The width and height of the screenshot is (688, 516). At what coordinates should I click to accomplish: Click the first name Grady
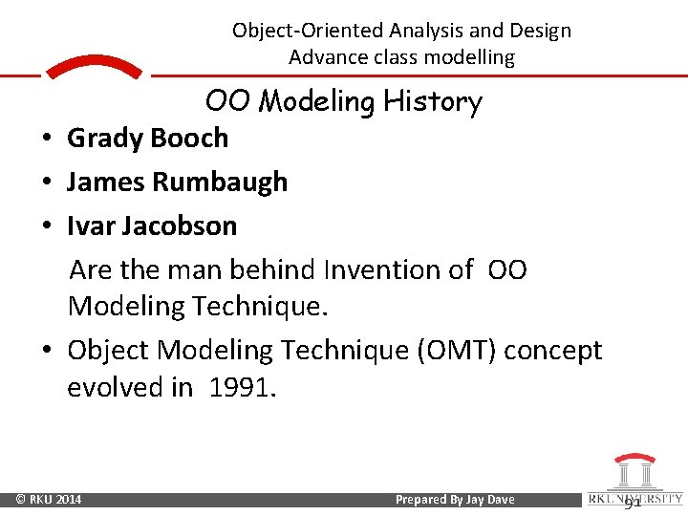(x=100, y=138)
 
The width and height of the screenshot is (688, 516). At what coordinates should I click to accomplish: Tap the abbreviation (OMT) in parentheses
(x=453, y=351)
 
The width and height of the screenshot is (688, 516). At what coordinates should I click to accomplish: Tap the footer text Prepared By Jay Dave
(x=454, y=500)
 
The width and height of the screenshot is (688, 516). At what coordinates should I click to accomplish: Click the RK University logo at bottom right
(x=633, y=480)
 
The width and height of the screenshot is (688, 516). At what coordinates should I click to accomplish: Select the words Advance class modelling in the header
(x=401, y=57)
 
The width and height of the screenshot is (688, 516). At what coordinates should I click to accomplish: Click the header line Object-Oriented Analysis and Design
(x=401, y=31)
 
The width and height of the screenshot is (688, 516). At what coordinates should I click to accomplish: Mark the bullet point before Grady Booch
(x=46, y=139)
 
